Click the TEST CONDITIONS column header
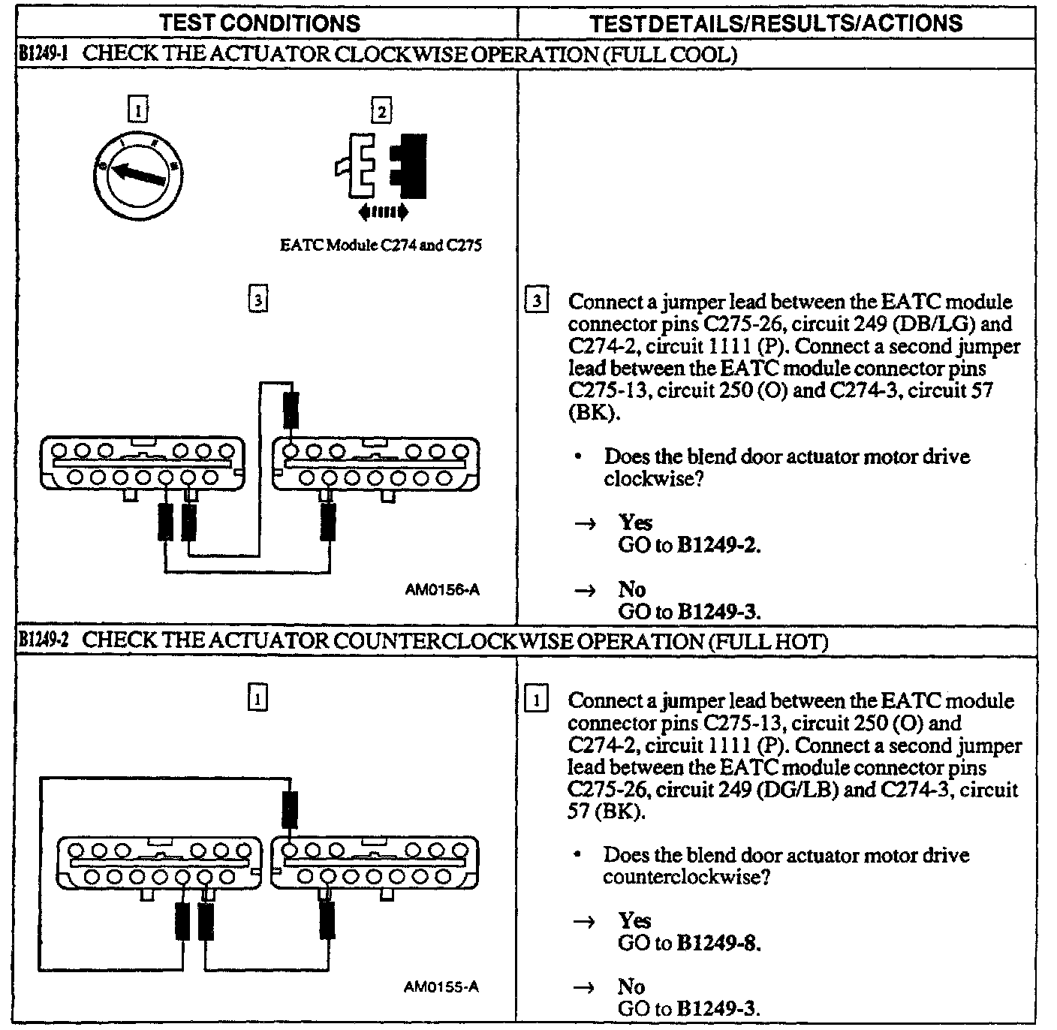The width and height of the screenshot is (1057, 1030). [260, 23]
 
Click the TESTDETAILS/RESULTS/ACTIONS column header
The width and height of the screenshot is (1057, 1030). [776, 23]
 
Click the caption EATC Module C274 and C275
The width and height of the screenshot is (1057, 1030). [380, 245]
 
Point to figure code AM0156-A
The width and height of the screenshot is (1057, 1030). [441, 590]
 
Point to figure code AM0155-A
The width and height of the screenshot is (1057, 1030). [441, 986]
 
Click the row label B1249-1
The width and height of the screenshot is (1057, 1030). [44, 55]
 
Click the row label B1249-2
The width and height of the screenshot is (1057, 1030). [44, 641]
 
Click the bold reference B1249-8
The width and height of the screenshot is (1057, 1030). [718, 944]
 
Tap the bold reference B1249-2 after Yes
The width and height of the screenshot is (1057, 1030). [718, 545]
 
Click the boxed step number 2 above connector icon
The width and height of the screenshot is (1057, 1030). [381, 112]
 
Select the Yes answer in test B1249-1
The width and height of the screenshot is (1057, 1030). [635, 523]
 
